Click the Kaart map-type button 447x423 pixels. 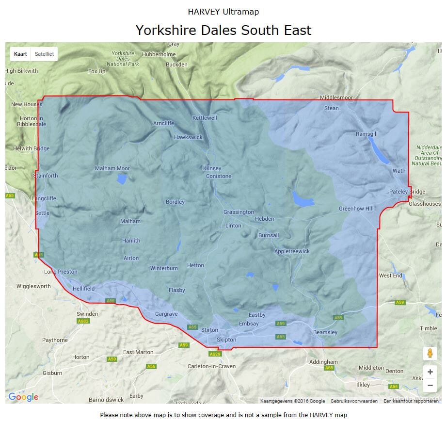pos(20,54)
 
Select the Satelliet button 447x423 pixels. pos(44,54)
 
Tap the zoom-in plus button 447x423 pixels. pos(430,372)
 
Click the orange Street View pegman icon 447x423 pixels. pos(430,353)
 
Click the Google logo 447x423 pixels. pos(23,397)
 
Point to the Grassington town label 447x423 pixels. pos(239,212)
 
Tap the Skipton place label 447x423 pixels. pos(226,340)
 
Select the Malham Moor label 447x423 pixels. pos(112,168)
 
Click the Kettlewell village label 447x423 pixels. pos(205,118)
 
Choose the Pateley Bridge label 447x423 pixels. pos(407,192)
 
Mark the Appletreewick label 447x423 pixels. pos(292,251)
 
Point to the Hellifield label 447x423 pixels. pos(83,288)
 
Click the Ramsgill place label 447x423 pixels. pos(367,134)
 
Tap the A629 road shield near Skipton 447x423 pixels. pos(215,354)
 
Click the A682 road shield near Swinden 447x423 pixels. pos(83,321)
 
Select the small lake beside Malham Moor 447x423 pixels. pos(122,179)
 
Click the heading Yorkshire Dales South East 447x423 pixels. pos(223,30)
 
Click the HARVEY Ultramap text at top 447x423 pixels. pos(223,11)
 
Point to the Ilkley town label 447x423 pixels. pos(363,385)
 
